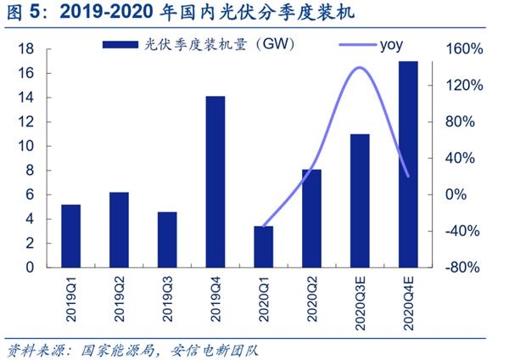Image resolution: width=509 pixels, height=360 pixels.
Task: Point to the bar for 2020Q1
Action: click(264, 246)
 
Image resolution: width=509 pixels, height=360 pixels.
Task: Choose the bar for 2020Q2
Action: click(311, 217)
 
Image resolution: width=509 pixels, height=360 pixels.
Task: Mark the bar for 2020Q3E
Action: click(360, 200)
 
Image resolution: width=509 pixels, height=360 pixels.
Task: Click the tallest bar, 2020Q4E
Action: click(408, 164)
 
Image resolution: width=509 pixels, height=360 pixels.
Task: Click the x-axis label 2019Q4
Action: click(215, 298)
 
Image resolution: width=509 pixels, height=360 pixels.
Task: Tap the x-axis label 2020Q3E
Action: click(360, 302)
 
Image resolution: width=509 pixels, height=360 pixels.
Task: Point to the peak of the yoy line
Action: click(360, 68)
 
